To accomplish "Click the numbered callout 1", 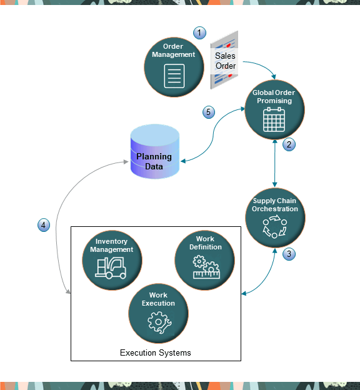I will (x=199, y=32).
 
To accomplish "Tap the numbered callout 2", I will (x=289, y=144).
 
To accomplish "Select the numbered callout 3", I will (x=289, y=254).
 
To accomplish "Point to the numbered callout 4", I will (x=43, y=225).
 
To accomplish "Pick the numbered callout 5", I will (x=209, y=112).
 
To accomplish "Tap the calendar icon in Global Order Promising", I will (x=274, y=119).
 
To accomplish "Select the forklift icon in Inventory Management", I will (x=111, y=267).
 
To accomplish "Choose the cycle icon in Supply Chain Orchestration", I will (x=274, y=228).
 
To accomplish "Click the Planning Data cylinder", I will (x=154, y=150).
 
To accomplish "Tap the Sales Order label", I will (x=226, y=61).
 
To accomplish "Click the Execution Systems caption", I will (x=156, y=353).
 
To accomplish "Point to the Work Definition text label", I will (x=205, y=243).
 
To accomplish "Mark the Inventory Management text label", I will (x=111, y=246).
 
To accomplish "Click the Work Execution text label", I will (x=158, y=299).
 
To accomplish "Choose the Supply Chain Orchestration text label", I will (x=274, y=205).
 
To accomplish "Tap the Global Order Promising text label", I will (x=274, y=97).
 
